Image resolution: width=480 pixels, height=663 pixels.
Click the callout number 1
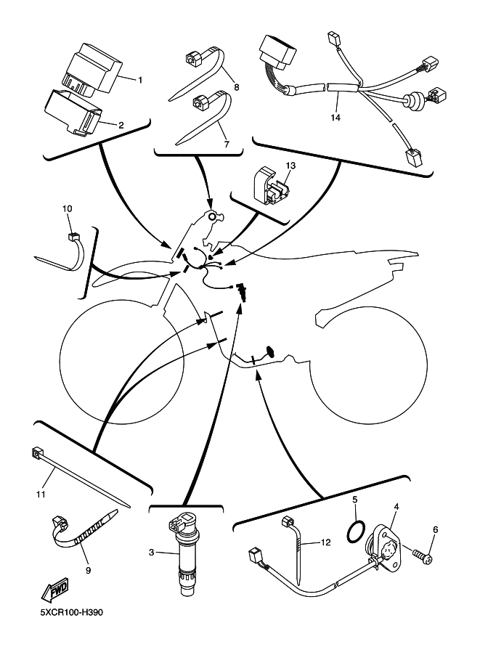pyautogui.click(x=140, y=80)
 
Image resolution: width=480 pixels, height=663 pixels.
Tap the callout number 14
pyautogui.click(x=335, y=118)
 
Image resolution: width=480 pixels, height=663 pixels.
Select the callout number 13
pyautogui.click(x=290, y=166)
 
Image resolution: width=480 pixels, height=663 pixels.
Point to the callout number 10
pyautogui.click(x=68, y=208)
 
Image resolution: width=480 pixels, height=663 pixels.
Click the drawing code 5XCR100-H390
pyautogui.click(x=71, y=612)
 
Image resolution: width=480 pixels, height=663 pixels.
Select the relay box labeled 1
pyautogui.click(x=95, y=68)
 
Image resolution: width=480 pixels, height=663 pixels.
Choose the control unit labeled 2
pyautogui.click(x=73, y=113)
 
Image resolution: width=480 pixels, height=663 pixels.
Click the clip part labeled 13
pyautogui.click(x=271, y=187)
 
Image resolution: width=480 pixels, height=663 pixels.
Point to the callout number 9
pyautogui.click(x=89, y=570)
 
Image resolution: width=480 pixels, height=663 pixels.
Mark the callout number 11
pyautogui.click(x=41, y=494)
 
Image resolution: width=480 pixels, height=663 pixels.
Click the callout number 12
pyautogui.click(x=325, y=542)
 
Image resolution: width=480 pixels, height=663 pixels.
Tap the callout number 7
pyautogui.click(x=227, y=145)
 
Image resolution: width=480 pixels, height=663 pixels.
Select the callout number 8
pyautogui.click(x=236, y=87)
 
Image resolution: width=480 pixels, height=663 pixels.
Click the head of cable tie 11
pyautogui.click(x=37, y=454)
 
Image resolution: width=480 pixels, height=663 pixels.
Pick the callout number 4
pyautogui.click(x=396, y=506)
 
